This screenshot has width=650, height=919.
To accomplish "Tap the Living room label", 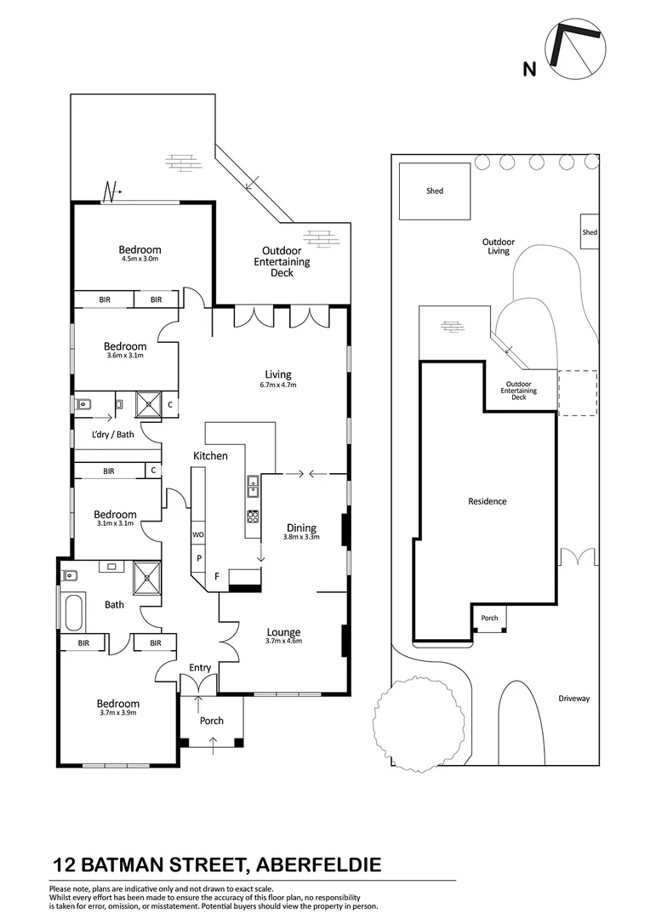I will (x=278, y=374).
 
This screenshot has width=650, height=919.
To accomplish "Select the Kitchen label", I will (x=210, y=456).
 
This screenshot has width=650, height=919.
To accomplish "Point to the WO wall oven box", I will (x=198, y=534).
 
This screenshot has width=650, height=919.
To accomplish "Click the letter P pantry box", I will (x=199, y=558).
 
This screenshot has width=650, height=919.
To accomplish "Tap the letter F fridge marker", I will (x=217, y=577).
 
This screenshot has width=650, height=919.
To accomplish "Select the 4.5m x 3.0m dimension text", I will (x=140, y=259).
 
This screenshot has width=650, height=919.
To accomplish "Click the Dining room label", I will (x=301, y=527).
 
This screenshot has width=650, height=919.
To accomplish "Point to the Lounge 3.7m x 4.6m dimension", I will (x=284, y=642).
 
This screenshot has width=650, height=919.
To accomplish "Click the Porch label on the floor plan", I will (x=212, y=721).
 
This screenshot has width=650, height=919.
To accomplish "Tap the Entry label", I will (x=200, y=668).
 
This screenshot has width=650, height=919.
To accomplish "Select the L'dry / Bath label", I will (x=113, y=435).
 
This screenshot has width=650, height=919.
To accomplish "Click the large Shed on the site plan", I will (x=435, y=191).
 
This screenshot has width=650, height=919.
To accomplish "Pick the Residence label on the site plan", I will (x=487, y=501).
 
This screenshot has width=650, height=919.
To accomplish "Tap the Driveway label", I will (x=574, y=699).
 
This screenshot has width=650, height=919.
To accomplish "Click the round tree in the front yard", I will (x=414, y=724).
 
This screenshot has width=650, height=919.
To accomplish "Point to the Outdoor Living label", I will (x=498, y=246).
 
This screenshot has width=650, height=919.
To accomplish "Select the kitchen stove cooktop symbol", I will (x=253, y=516).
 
